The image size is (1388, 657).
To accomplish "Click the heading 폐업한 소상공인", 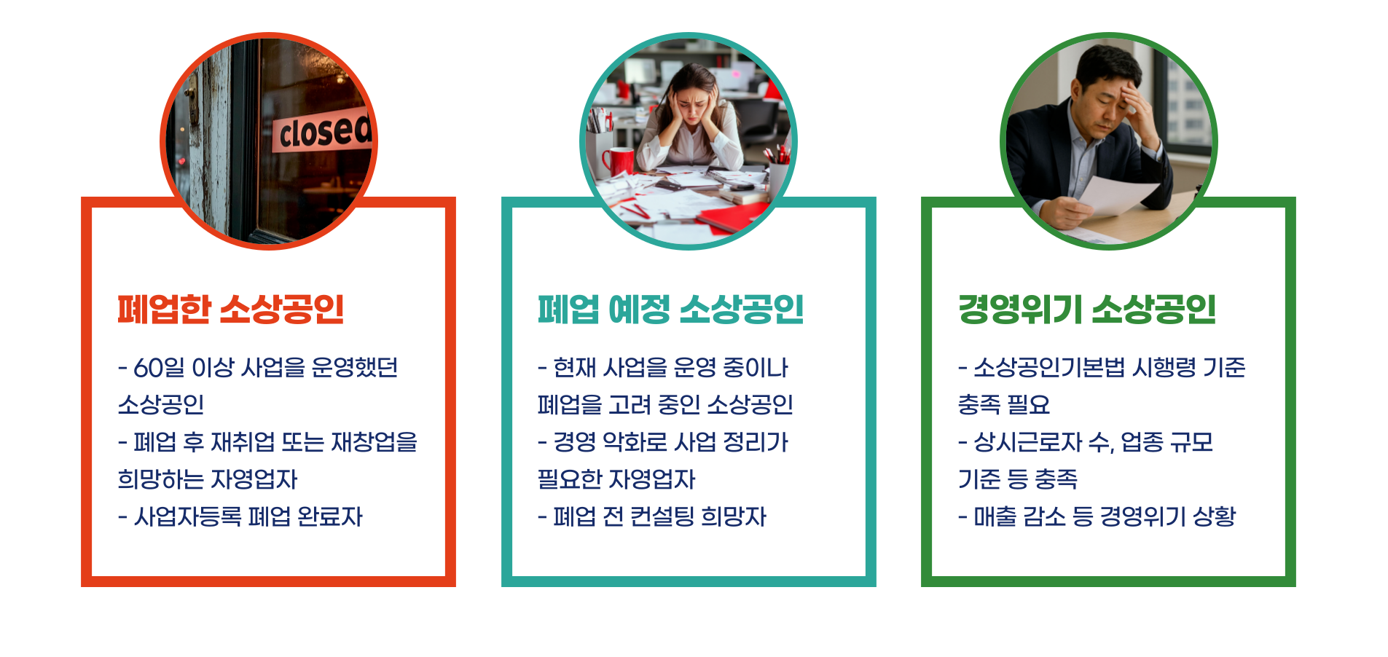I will (x=230, y=310).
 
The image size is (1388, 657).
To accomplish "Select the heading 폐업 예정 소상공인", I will (x=670, y=310).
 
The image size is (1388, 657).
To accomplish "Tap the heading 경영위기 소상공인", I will (x=1086, y=310).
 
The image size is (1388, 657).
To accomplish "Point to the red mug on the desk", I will (x=619, y=161).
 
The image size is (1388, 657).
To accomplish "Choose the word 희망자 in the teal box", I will (x=734, y=516).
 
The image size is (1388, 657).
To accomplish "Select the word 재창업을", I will (x=375, y=442).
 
